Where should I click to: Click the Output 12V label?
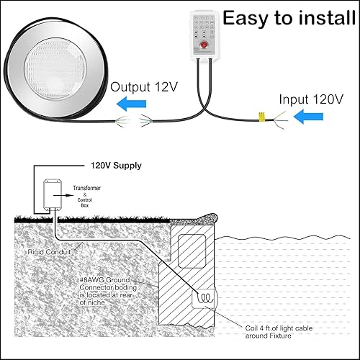pos(144,88)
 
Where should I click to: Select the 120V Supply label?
pos(116,166)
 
